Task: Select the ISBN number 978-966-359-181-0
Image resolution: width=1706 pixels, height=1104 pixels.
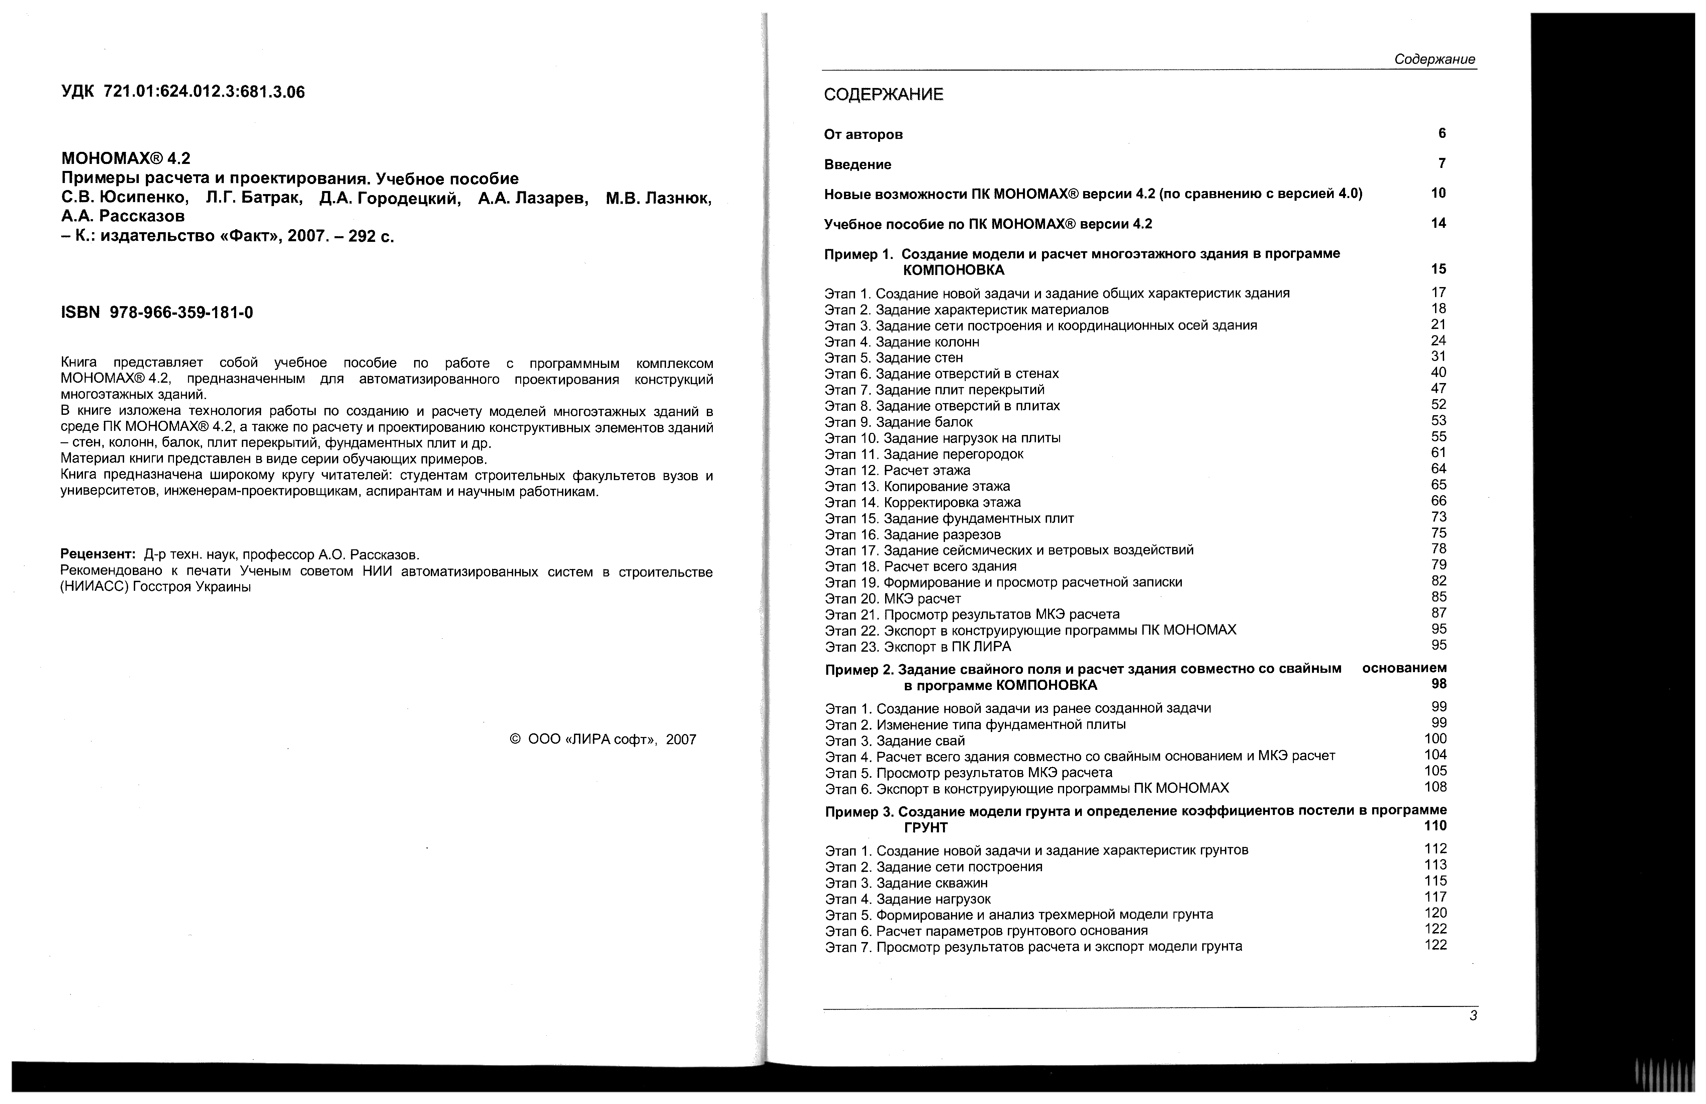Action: (x=181, y=312)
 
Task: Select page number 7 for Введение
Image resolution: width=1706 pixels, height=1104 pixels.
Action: (x=1441, y=164)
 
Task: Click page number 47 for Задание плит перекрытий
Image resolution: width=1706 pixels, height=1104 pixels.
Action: (x=1438, y=388)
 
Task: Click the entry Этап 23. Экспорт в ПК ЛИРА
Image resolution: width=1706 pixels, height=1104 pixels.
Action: (x=918, y=647)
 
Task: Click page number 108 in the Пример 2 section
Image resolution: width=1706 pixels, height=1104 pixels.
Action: (x=1435, y=787)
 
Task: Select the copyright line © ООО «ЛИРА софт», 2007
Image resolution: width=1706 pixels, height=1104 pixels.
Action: (x=602, y=740)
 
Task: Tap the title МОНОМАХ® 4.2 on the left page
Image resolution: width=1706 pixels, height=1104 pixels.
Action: (x=126, y=159)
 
